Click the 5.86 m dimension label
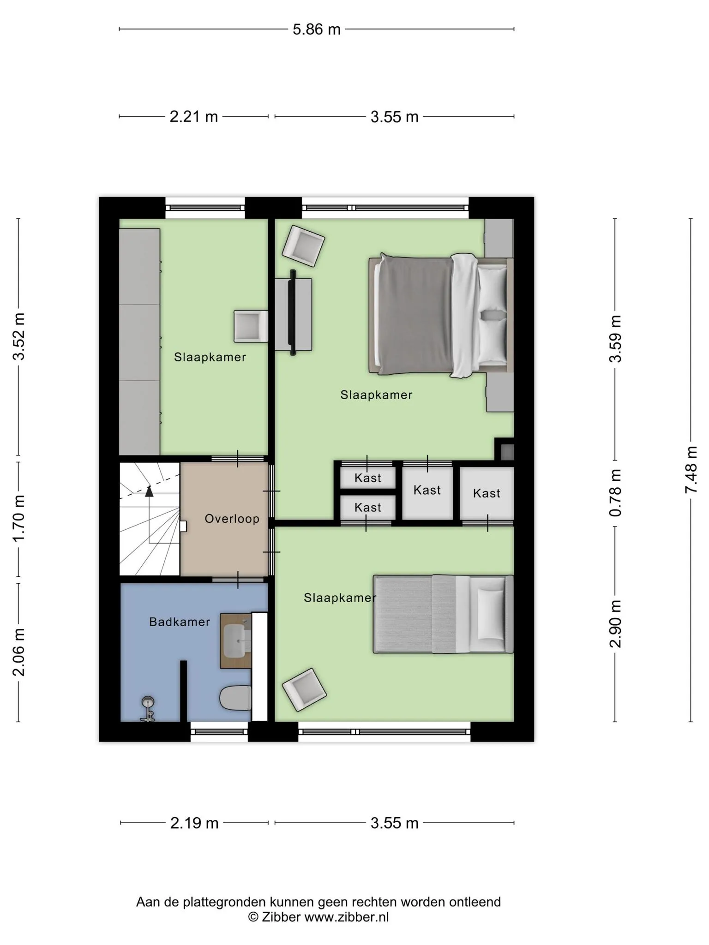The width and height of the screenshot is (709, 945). (x=317, y=30)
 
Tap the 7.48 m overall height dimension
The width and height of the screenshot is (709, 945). (x=691, y=470)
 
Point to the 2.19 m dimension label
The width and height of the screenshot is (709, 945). (x=194, y=823)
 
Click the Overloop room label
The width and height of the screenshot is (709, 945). (x=232, y=519)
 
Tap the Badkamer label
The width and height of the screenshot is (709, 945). (x=180, y=622)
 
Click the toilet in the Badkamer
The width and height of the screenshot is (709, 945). (x=235, y=698)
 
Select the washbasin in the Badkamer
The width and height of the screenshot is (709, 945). (x=236, y=640)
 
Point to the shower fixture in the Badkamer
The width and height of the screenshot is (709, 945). (x=148, y=709)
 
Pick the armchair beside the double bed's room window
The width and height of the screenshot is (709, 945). (x=303, y=246)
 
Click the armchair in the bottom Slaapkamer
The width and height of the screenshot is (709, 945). (x=304, y=690)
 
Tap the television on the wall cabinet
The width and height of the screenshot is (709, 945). (x=293, y=313)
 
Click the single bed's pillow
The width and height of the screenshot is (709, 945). (x=491, y=614)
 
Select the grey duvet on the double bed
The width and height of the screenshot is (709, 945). (x=415, y=316)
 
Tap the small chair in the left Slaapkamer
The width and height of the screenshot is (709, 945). (x=251, y=326)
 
